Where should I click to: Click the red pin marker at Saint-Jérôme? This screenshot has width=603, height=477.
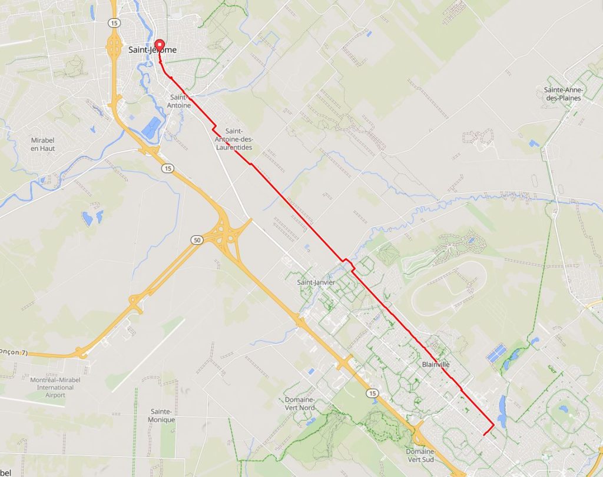pyautogui.click(x=159, y=46)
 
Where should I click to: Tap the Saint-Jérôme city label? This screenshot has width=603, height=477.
pyautogui.click(x=152, y=50)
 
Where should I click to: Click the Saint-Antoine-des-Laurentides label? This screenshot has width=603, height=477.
pyautogui.click(x=235, y=139)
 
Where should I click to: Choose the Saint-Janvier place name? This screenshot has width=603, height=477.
pyautogui.click(x=316, y=282)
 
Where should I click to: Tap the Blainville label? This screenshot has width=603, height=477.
pyautogui.click(x=436, y=365)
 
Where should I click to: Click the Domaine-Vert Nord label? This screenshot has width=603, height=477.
pyautogui.click(x=300, y=403)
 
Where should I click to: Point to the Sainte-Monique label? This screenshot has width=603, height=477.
pyautogui.click(x=162, y=415)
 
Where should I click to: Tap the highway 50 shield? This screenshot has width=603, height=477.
pyautogui.click(x=196, y=239)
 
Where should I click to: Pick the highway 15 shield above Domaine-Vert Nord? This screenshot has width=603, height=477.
pyautogui.click(x=371, y=393)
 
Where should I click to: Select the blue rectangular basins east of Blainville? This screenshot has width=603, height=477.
pyautogui.click(x=496, y=353)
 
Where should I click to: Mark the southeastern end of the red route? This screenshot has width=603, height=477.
pyautogui.click(x=483, y=435)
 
